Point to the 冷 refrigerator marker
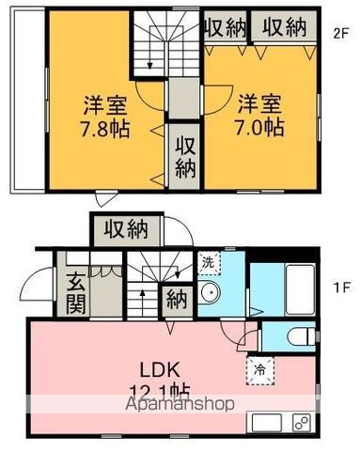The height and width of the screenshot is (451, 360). coord(257,369)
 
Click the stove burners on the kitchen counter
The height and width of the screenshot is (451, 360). coord(302,420)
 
